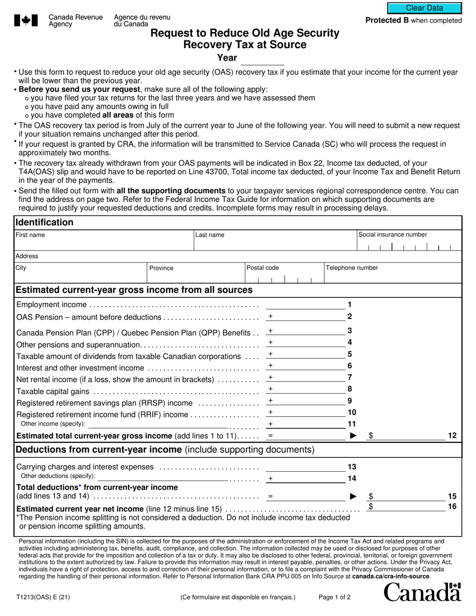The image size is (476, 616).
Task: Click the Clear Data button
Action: tap(424, 8)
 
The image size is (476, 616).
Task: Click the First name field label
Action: tap(30, 234)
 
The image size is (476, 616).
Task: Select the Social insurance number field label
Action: tap(392, 234)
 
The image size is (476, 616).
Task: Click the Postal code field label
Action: tap(263, 268)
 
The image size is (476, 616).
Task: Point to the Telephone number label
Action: tap(352, 268)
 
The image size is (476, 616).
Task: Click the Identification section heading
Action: tap(45, 222)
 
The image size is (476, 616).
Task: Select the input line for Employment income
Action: tap(305, 304)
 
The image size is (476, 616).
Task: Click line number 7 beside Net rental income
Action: tap(350, 377)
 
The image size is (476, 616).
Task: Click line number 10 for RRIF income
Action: tap(352, 412)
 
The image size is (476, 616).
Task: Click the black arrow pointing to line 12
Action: tap(353, 436)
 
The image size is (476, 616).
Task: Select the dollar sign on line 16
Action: tap(371, 507)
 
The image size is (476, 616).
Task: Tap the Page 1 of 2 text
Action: tap(335, 597)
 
